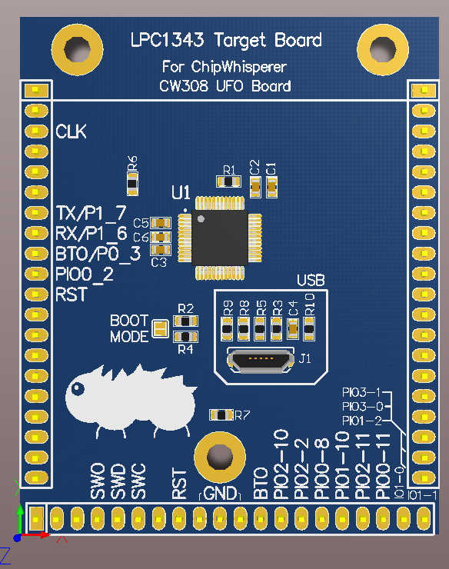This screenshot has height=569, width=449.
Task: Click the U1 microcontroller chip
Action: [x=223, y=238]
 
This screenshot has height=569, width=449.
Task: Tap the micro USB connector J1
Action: [x=261, y=359]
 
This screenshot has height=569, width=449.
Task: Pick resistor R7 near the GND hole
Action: [x=221, y=415]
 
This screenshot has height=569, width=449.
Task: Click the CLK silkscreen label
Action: [x=71, y=132]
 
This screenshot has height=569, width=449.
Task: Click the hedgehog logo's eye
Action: [x=77, y=388]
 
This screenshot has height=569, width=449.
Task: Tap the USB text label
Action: [x=312, y=279]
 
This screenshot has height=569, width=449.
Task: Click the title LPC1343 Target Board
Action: [x=224, y=40]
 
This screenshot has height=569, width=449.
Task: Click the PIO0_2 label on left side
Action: [x=85, y=274]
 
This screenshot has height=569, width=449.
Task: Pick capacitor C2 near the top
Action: [x=255, y=185]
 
